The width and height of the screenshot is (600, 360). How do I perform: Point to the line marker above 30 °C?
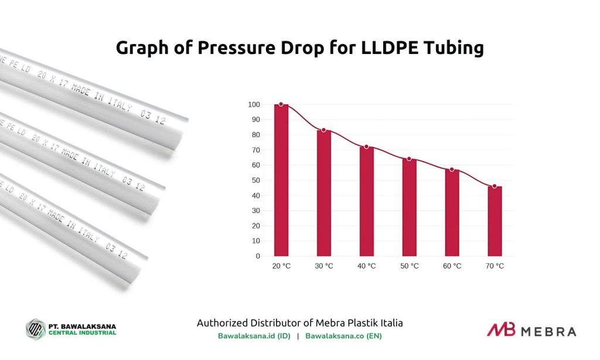click(323, 130)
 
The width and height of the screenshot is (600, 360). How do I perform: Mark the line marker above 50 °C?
click(409, 159)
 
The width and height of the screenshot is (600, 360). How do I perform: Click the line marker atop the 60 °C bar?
click(452, 169)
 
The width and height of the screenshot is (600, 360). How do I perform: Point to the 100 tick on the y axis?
click(254, 104)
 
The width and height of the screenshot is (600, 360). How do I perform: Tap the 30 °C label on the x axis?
click(323, 266)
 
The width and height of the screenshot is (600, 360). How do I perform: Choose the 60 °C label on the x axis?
click(452, 266)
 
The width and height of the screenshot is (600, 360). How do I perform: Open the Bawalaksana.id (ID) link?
click(254, 337)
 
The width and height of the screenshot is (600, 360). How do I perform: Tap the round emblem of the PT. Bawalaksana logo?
click(36, 328)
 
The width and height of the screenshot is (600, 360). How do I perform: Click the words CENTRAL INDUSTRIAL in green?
click(82, 333)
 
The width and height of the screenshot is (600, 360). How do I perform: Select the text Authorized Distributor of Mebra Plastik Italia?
click(299, 323)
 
